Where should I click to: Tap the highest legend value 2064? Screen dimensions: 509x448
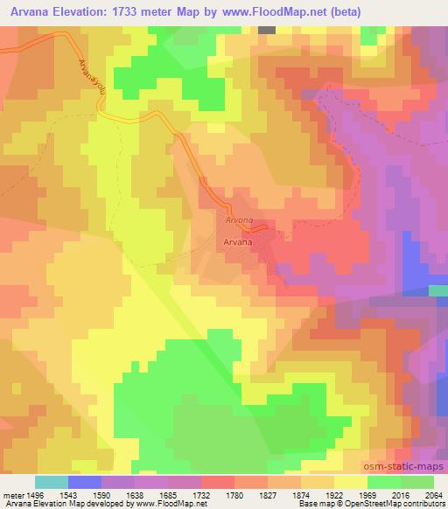click(432, 495)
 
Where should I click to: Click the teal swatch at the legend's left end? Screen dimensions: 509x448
click(52, 482)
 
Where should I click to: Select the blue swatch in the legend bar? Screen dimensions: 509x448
click(86, 482)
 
